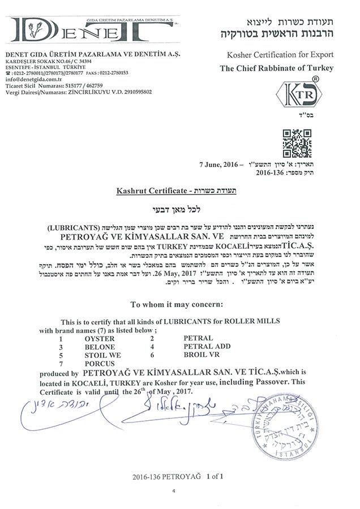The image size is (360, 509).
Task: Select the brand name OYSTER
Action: pos(99,338)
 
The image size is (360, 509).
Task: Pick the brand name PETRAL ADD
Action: pos(207,346)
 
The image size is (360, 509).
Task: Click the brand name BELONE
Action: pos(99,346)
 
